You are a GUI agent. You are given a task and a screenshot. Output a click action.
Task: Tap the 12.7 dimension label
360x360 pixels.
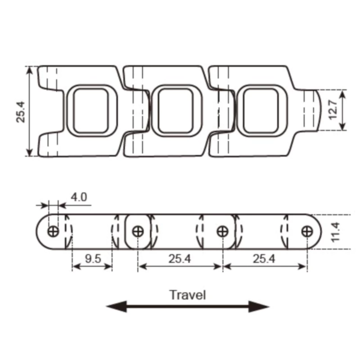[x=333, y=110]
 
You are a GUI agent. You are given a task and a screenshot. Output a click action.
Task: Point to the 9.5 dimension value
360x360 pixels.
[x=92, y=258]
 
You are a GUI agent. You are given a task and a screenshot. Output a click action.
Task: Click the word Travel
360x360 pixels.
[x=188, y=295]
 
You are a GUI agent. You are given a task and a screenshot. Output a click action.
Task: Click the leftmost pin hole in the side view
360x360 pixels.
[x=53, y=231]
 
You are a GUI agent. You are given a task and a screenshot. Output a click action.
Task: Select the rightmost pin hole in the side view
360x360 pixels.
[x=307, y=231]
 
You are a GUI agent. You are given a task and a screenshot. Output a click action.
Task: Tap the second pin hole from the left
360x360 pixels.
[x=138, y=231]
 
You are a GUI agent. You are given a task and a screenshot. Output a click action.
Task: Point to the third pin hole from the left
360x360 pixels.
[x=222, y=231]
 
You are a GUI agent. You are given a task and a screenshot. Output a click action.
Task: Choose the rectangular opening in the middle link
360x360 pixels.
[x=175, y=111]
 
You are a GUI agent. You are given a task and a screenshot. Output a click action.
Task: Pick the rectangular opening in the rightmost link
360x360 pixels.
[x=261, y=111]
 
